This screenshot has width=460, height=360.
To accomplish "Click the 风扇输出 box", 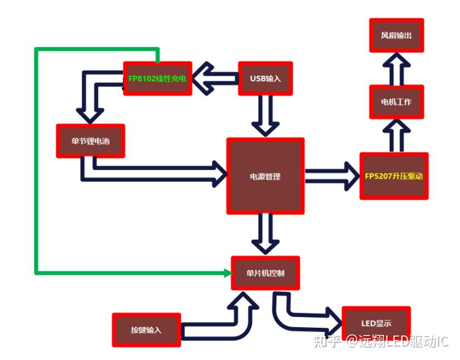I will coord(396,36).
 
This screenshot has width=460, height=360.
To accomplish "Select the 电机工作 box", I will coord(396,102).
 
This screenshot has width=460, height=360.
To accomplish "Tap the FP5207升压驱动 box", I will coord(394,176).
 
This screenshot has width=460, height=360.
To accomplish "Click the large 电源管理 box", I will coord(265,176).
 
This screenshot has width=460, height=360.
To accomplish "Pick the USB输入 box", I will coord(265,78).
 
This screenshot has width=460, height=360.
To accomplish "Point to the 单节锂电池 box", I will coord(90,141).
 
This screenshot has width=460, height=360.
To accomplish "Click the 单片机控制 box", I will coord(265,273).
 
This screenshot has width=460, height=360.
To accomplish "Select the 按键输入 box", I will coord(146,330).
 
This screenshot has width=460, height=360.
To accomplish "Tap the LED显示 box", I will coord(376,323).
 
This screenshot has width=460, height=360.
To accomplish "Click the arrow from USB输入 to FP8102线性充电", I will coord(214,78).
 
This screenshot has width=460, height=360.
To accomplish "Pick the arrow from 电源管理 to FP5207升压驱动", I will coord(332,176).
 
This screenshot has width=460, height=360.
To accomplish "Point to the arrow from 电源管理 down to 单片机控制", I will coord(265,234).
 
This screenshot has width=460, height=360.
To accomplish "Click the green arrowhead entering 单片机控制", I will coord(227,273).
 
